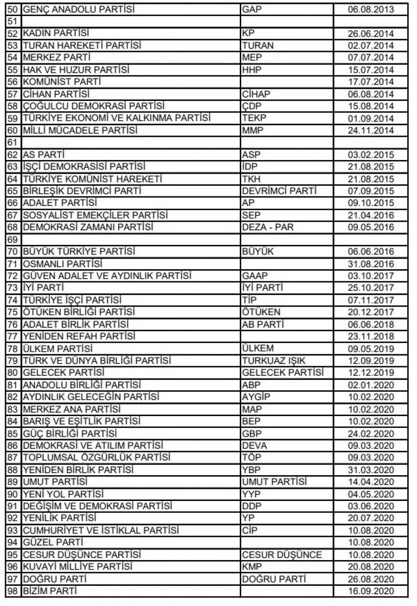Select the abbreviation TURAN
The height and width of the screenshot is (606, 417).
258,45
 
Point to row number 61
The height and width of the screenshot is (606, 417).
13,142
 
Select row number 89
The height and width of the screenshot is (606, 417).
13,482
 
